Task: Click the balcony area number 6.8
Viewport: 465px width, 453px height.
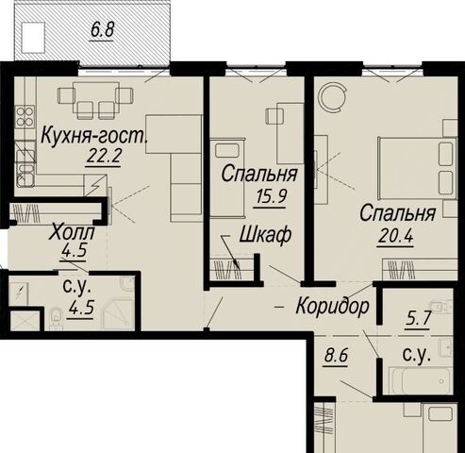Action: click(x=102, y=31)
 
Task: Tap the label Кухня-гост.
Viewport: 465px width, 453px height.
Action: click(x=94, y=137)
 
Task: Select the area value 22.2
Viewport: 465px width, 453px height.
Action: click(x=104, y=155)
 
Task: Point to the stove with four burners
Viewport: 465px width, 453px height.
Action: click(x=25, y=116)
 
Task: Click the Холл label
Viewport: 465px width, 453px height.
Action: click(x=73, y=233)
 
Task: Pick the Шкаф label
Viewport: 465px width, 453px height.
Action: click(x=265, y=235)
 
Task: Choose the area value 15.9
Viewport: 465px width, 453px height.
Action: click(x=271, y=197)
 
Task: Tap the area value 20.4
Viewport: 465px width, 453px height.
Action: click(x=395, y=236)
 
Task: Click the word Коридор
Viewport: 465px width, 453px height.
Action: click(x=332, y=306)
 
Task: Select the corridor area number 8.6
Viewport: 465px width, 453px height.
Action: click(x=336, y=357)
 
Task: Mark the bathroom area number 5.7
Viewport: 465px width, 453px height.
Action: click(x=417, y=319)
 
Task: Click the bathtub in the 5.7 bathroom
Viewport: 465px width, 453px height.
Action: click(x=421, y=379)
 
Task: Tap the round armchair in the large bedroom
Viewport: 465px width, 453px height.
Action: click(x=333, y=97)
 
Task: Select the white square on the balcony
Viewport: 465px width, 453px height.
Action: click(x=33, y=37)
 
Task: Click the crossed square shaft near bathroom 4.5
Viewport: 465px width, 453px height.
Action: click(x=25, y=321)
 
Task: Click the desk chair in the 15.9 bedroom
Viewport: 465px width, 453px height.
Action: click(x=274, y=116)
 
